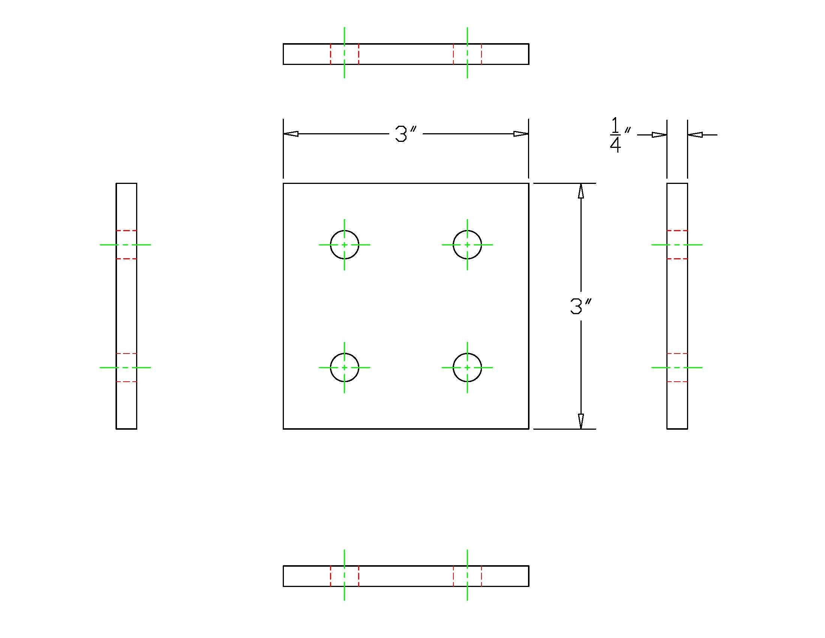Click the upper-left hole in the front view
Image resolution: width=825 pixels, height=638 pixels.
point(344,245)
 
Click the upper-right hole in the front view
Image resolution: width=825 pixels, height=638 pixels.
point(467,245)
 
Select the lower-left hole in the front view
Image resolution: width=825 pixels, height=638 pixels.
point(344,367)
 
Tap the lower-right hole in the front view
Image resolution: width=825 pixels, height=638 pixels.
point(467,367)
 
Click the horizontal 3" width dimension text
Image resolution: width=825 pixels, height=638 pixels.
point(405,134)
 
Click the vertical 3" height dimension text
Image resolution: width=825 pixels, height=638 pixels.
point(580,306)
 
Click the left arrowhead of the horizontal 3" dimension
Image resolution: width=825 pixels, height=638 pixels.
point(291,134)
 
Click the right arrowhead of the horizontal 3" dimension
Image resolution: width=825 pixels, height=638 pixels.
point(520,134)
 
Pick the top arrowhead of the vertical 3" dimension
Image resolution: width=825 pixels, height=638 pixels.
point(581,191)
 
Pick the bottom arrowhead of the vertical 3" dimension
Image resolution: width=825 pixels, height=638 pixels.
point(581,421)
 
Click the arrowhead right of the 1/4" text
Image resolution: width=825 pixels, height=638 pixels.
point(659,135)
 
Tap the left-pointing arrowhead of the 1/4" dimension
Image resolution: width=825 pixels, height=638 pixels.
point(695,135)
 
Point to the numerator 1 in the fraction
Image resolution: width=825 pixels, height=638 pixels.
point(615,125)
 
